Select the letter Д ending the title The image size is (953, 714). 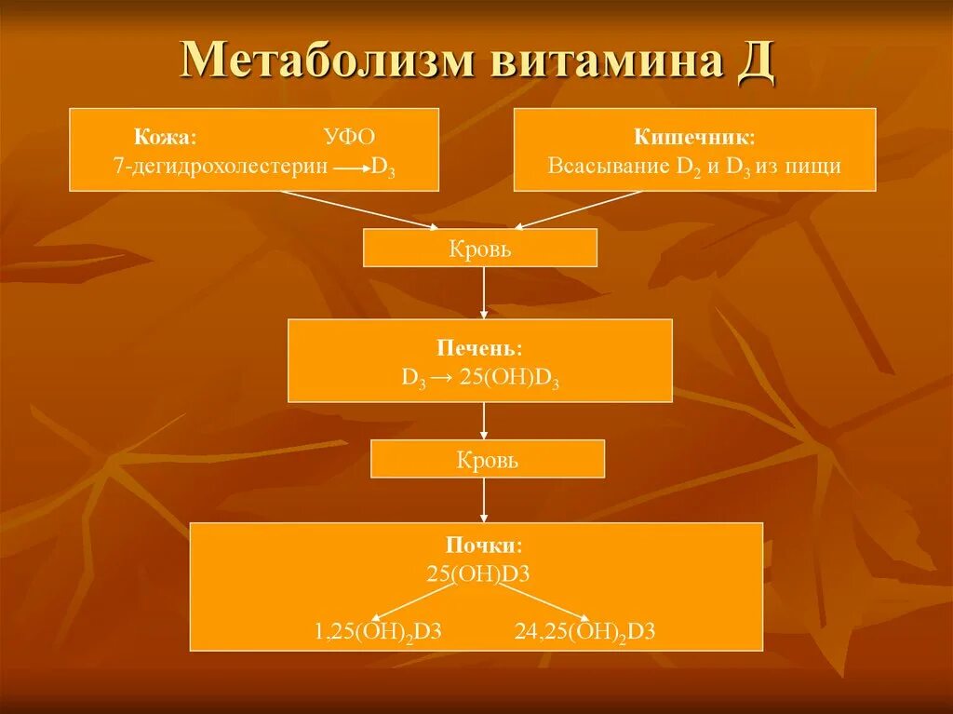point(757,61)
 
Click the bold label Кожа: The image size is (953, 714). point(165,137)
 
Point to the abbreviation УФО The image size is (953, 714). point(349,137)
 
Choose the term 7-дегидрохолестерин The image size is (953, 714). point(219,167)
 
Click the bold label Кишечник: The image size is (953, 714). point(694,137)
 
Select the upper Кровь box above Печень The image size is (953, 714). point(480,249)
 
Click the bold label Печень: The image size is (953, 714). point(479,348)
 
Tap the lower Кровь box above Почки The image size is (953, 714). point(488,460)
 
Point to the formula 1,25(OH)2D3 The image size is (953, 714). point(377,632)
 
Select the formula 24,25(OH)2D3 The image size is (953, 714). point(585,632)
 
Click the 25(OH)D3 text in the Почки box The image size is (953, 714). point(478,573)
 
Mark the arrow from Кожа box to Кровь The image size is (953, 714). point(362,209)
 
